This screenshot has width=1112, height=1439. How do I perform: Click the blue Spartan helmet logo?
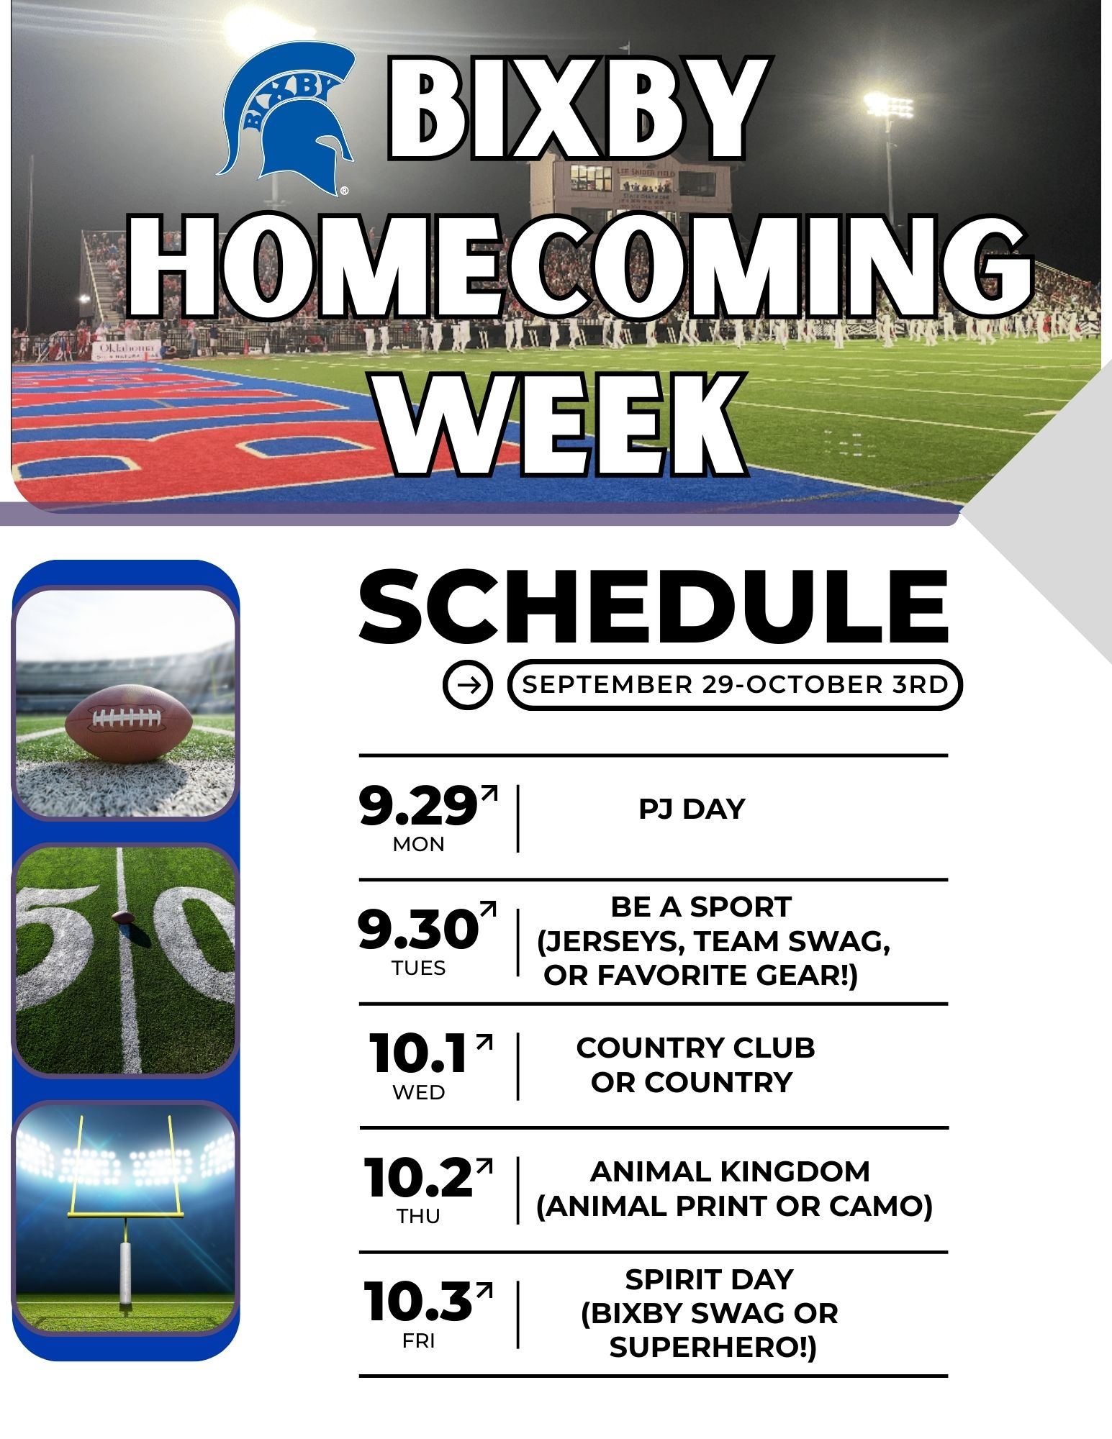(x=287, y=117)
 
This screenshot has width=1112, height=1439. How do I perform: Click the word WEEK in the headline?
(x=563, y=425)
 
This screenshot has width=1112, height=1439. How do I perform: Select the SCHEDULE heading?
(x=654, y=606)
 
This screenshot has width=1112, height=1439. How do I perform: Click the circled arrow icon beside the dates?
(x=468, y=684)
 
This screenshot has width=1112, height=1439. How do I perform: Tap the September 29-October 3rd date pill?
(x=735, y=684)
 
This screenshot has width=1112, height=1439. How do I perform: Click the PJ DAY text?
(x=692, y=809)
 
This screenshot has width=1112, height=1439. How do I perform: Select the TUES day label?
(x=419, y=968)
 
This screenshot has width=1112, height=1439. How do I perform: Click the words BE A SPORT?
(x=701, y=907)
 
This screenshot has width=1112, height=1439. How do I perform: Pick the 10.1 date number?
(x=418, y=1053)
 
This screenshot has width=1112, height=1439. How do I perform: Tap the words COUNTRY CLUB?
(x=695, y=1048)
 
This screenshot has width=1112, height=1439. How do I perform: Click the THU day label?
(x=418, y=1216)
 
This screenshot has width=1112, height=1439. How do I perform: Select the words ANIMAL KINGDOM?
(x=730, y=1171)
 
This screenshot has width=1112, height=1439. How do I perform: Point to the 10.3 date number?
(x=418, y=1302)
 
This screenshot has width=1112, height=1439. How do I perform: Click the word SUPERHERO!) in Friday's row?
(x=713, y=1348)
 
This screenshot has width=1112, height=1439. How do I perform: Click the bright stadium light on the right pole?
(x=888, y=106)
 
